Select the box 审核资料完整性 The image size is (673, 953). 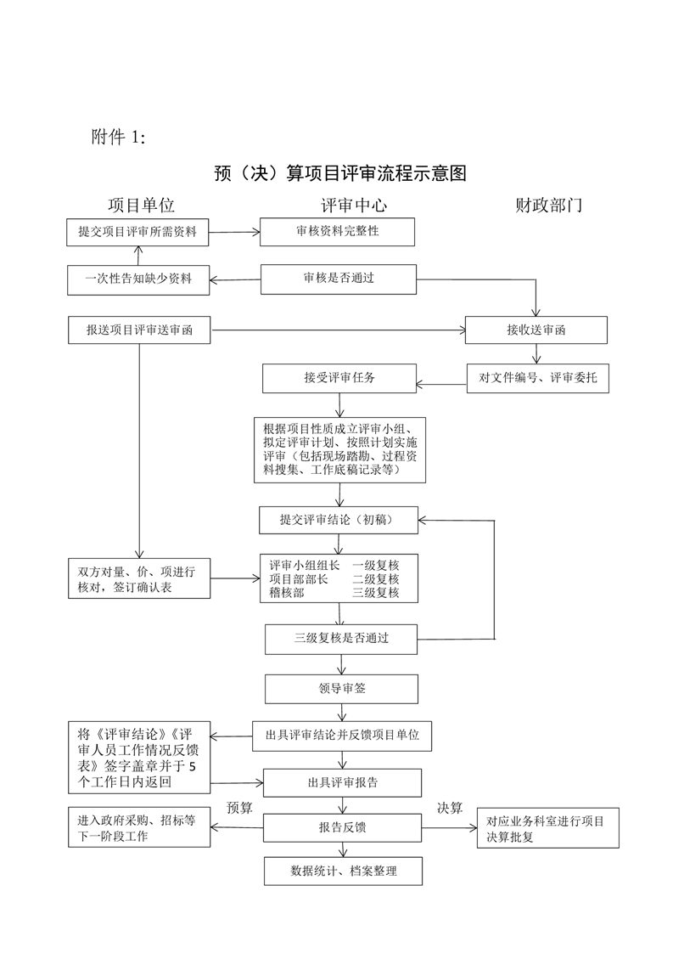pos(337,231)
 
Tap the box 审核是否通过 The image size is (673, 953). pos(339,279)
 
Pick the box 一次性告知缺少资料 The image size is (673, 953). pos(138,279)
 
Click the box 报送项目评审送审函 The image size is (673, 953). pos(138,330)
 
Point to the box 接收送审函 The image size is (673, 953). pos(536,330)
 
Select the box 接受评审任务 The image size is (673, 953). pos(339,378)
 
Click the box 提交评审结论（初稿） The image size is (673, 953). pos(339,519)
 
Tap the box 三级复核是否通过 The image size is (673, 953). pos(341,638)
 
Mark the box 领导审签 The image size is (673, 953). pos(341,688)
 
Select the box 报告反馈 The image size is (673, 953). pos(343,826)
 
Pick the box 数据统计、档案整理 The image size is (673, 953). pos(343,871)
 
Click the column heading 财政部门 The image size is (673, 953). pos(548,205)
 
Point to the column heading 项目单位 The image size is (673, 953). pos(141,205)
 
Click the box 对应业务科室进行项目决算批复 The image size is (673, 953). pos(547,828)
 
